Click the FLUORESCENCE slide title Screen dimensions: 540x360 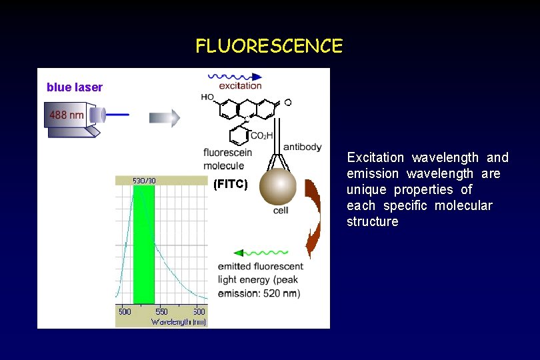[269, 46]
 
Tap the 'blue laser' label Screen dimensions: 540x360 [75, 87]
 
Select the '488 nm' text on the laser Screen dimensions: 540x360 [67, 115]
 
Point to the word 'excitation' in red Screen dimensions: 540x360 [241, 86]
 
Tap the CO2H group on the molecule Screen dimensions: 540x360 [261, 136]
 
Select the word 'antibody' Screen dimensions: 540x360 [302, 147]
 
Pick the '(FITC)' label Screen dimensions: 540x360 [230, 184]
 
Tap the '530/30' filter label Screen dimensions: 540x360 [144, 180]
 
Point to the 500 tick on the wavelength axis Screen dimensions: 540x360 [125, 311]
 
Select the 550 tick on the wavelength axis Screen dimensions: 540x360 [161, 311]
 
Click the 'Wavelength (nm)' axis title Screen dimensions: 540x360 [179, 322]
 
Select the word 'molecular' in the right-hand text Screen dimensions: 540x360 [463, 205]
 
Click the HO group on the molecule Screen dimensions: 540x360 [207, 97]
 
